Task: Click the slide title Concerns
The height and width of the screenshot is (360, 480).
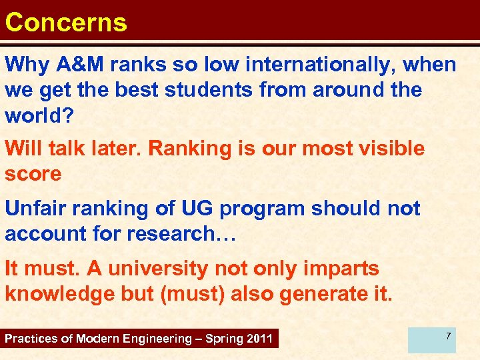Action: point(65,22)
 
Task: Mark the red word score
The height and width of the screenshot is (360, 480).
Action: point(33,173)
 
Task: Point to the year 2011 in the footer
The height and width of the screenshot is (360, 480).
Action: point(259,339)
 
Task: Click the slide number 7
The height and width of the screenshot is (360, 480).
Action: point(449,335)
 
